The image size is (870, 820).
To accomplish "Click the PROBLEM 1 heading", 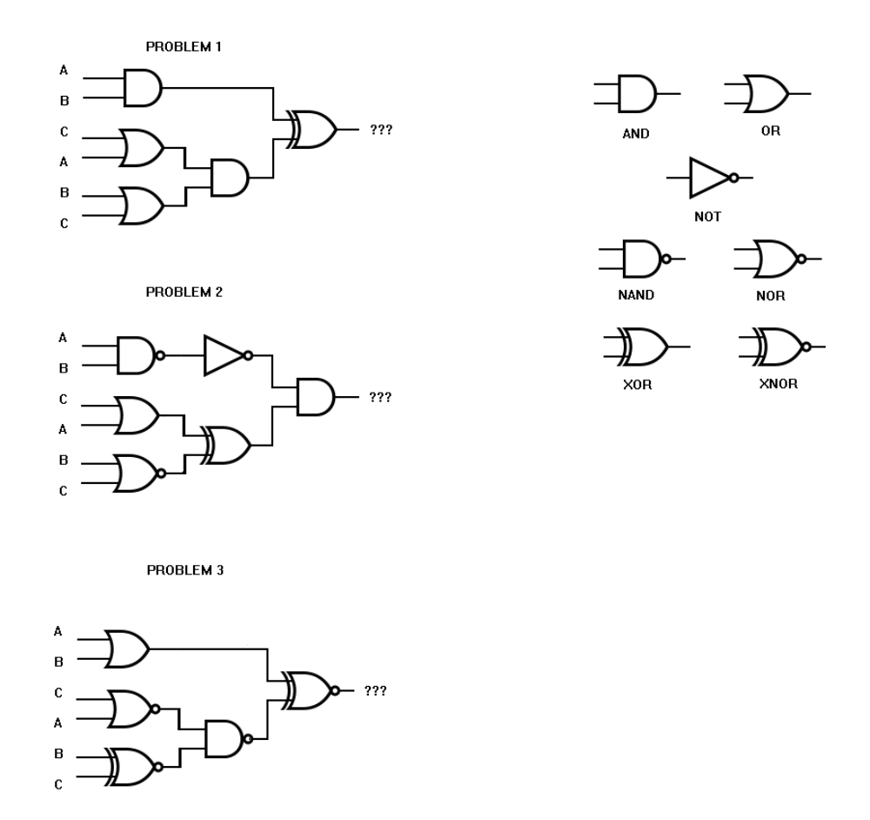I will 184,45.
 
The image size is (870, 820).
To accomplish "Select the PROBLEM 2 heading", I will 184,292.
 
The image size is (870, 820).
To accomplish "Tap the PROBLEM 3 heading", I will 184,570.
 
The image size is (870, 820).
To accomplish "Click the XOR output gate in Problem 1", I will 314,130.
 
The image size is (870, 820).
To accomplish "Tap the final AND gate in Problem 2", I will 316,397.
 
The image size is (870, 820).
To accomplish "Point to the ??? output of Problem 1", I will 382,130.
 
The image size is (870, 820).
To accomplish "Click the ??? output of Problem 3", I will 375,690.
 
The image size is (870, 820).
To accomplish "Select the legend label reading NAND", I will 636,295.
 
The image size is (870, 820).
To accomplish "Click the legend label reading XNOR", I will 778,384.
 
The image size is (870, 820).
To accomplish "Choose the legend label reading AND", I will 636,135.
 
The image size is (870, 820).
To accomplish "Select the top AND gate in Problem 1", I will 143,87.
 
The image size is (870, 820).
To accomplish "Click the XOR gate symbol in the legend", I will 643,346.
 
